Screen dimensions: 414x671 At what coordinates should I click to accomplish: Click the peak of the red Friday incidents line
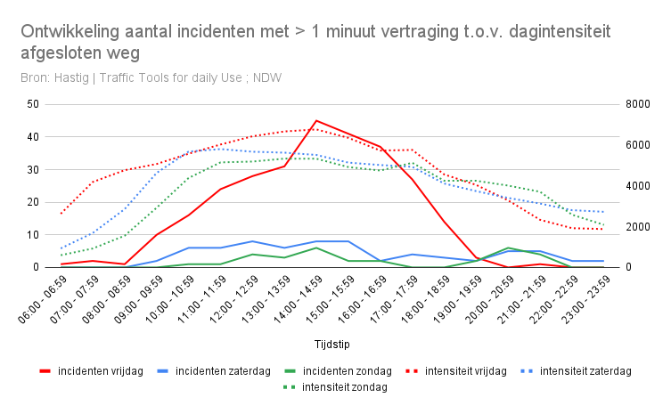click(x=316, y=120)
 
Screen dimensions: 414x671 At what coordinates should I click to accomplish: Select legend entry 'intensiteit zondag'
click(x=344, y=387)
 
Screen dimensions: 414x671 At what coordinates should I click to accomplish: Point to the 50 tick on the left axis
click(x=34, y=104)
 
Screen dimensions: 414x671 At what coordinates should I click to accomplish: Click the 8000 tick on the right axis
click(x=639, y=104)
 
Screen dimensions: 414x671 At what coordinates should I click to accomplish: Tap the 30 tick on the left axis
click(x=34, y=169)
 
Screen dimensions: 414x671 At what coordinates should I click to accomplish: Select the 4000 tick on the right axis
click(x=639, y=186)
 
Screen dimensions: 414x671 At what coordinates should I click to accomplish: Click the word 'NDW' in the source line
click(x=267, y=77)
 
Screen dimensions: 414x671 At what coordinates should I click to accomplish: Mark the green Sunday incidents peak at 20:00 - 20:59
click(x=508, y=248)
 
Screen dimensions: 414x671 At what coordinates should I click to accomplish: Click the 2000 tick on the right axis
click(x=639, y=226)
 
